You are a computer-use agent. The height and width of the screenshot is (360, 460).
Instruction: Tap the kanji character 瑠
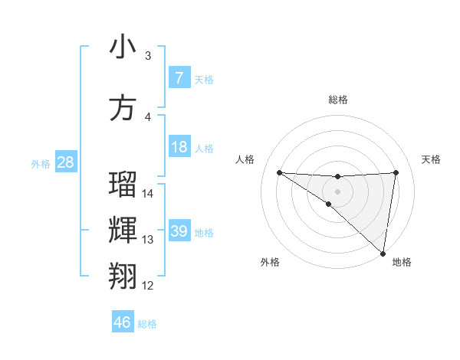coord(123,185)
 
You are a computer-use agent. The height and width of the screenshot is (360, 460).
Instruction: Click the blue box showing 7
coord(179,78)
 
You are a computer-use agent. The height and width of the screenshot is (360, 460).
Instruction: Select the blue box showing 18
coord(179,147)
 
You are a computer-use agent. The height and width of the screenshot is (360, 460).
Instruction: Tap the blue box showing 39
coord(179,231)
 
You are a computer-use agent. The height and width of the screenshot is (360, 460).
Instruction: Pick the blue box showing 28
coord(65,162)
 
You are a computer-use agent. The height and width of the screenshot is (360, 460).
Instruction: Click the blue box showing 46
coord(123,322)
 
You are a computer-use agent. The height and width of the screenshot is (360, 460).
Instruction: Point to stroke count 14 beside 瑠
coord(148,194)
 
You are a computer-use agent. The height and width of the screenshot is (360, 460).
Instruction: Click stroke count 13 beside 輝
coord(148,240)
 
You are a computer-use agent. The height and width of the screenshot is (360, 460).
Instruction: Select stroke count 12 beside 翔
coord(148,286)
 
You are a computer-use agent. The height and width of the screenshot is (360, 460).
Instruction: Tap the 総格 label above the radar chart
coord(338,100)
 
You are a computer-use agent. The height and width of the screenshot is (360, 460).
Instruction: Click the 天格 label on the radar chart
coord(431,159)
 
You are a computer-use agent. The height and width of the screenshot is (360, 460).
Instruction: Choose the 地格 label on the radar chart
coord(402,262)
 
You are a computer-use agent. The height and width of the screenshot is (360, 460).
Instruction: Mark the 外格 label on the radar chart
coord(270,262)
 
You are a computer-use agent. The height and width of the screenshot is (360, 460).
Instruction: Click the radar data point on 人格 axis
coord(279,172)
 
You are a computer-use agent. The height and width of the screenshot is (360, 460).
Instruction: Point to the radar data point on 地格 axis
coord(383,254)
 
